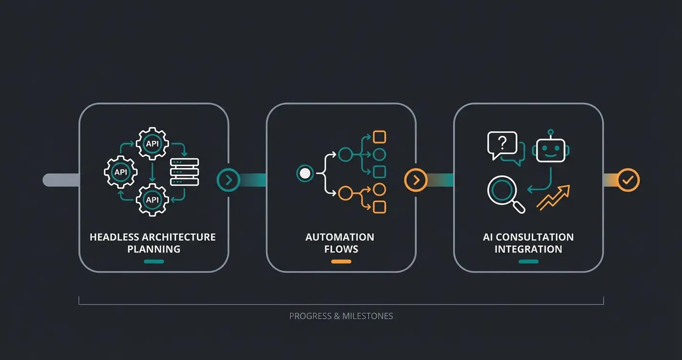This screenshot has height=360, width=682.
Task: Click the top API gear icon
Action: (x=152, y=143)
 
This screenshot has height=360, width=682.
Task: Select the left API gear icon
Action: (x=121, y=171)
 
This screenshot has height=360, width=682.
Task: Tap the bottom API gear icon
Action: (x=152, y=200)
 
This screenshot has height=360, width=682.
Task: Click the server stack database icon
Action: (x=185, y=171)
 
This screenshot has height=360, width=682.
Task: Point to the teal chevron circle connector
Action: (x=228, y=180)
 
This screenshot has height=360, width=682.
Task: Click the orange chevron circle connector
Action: (x=416, y=180)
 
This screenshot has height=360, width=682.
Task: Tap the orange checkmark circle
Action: (x=628, y=180)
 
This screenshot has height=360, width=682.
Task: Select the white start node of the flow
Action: (x=304, y=173)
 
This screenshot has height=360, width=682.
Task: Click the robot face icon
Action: (x=551, y=149)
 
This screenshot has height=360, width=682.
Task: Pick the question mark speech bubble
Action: (x=502, y=145)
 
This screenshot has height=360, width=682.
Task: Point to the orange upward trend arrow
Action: (x=554, y=197)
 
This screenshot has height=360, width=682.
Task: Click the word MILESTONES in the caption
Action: (x=368, y=316)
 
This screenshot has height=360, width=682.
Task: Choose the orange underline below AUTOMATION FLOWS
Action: (x=341, y=261)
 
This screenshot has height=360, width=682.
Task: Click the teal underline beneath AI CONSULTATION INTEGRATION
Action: (x=528, y=261)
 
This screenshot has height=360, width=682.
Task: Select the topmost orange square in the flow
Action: (x=379, y=137)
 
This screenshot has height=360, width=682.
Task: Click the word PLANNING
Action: (x=154, y=249)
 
